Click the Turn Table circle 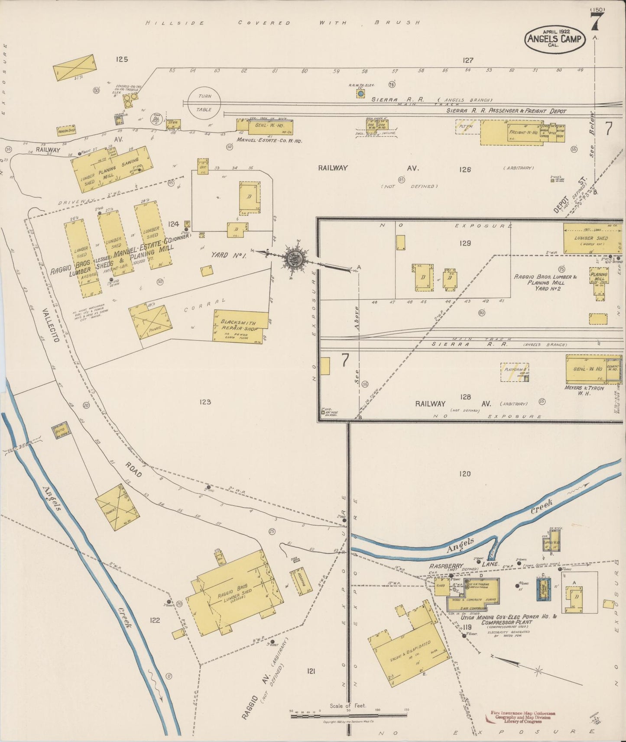pyautogui.click(x=204, y=103)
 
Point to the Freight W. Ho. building pyautogui.click(x=511, y=132)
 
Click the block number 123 pyautogui.click(x=205, y=402)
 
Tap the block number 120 pyautogui.click(x=464, y=474)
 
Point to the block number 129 pyautogui.click(x=465, y=243)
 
